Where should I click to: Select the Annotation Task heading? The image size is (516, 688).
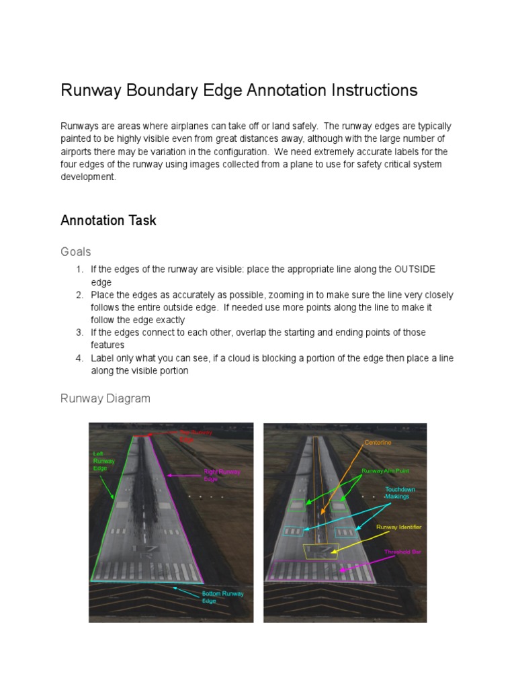108,220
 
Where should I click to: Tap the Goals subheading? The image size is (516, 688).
75,251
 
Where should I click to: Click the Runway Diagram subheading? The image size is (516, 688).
105,398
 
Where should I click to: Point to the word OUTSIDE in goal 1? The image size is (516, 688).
415,269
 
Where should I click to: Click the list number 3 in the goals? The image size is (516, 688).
79,333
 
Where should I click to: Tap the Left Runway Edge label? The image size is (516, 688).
103,462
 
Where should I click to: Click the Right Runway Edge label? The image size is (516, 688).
222,476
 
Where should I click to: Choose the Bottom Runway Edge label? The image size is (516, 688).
222,597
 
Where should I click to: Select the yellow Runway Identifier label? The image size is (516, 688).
398,527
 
